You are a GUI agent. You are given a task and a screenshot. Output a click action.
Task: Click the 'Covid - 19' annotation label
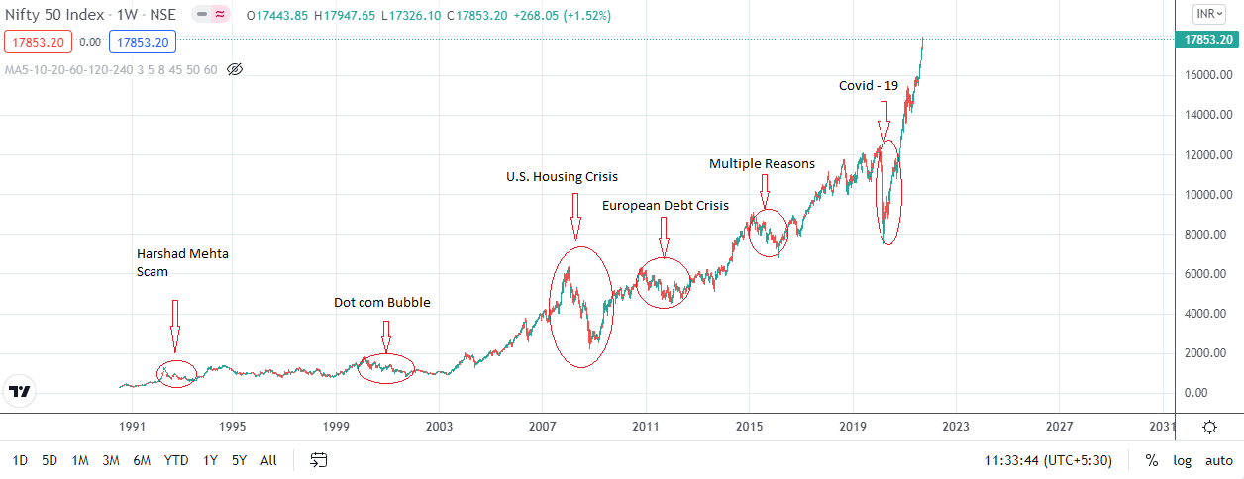tap(869, 86)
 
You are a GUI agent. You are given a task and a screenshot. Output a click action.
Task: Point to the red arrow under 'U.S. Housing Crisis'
tap(573, 217)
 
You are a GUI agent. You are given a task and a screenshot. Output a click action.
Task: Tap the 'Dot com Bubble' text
tap(381, 303)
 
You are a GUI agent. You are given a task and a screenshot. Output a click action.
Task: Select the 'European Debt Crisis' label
tap(665, 206)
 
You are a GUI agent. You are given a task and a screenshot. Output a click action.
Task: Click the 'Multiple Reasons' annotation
tap(762, 163)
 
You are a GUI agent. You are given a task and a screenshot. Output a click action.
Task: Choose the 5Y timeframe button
tap(239, 460)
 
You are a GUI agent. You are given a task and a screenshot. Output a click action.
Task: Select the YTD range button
tap(176, 460)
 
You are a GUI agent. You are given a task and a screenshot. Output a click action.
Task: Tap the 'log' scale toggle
tap(1182, 460)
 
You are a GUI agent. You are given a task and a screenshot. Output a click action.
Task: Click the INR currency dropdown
tap(1207, 14)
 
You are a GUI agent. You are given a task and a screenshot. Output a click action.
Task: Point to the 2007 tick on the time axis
tap(542, 427)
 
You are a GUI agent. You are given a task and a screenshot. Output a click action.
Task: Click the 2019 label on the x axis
tap(853, 427)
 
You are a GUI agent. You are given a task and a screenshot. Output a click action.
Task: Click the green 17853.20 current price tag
tap(1208, 40)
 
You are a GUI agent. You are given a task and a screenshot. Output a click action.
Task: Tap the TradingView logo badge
tap(20, 391)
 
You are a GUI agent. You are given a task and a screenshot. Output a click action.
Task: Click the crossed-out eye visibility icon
tap(235, 69)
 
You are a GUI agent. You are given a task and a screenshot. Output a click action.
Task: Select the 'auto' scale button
tap(1219, 460)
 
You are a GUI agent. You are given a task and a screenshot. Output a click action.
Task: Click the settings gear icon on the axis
tap(1209, 428)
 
